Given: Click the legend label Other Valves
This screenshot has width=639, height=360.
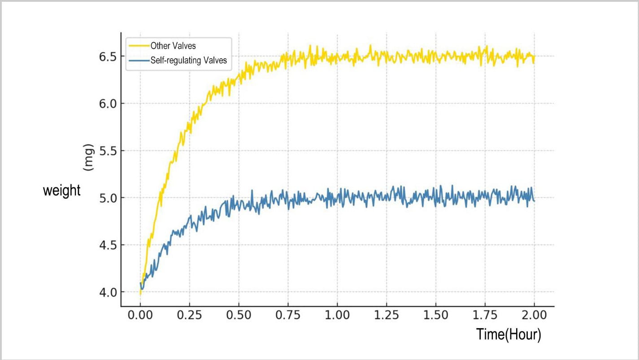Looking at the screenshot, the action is (173, 46).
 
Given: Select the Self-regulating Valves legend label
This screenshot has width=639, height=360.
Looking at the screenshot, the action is (189, 61).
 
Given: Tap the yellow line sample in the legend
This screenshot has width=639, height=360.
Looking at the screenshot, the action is (139, 46).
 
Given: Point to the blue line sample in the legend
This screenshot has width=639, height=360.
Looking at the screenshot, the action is (139, 61).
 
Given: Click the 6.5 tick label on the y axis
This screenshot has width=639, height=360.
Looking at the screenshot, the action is (108, 57).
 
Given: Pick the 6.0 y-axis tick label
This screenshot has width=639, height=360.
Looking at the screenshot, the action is (108, 104).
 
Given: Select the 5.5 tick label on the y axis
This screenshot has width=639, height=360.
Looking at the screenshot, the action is (108, 151).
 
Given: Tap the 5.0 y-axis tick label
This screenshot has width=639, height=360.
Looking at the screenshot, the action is (108, 198).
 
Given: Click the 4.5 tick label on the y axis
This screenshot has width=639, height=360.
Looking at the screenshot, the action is (108, 245).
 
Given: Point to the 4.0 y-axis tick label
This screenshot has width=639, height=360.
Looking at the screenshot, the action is (108, 293).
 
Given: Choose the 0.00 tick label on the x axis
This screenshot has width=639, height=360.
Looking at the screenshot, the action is (140, 315).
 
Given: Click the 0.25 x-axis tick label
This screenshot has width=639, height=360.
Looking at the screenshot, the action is (189, 315).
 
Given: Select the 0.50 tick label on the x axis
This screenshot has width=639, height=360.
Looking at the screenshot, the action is (239, 315).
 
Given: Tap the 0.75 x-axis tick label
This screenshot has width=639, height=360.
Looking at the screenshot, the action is (288, 315).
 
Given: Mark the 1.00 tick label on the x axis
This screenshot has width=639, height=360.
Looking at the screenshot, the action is (337, 315).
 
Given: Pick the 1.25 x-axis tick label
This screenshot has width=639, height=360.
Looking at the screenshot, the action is (387, 315).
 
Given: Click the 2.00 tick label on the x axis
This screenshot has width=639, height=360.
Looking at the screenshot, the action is (535, 315).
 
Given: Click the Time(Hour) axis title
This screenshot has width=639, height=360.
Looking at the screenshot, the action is (509, 334).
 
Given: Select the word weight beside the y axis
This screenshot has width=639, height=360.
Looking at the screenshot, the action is (61, 191).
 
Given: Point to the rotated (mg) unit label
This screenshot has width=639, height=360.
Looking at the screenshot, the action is (88, 157).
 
